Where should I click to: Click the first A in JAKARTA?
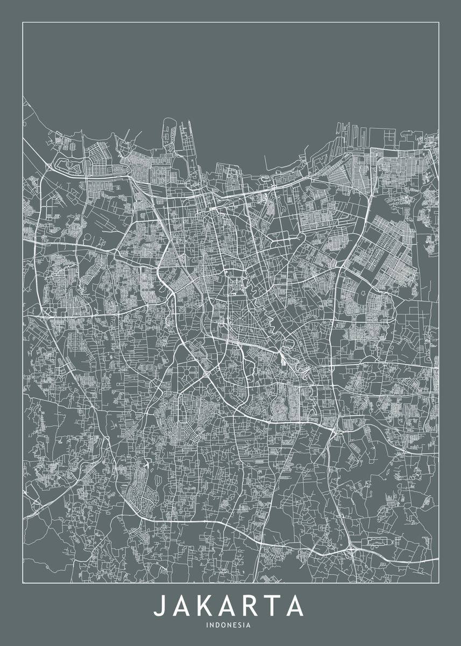pyautogui.click(x=180, y=606)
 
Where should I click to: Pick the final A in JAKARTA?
pyautogui.click(x=294, y=606)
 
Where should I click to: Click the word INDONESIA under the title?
pyautogui.click(x=228, y=626)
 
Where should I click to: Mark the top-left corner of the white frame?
pyautogui.click(x=23, y=22)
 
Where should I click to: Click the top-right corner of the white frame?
pyautogui.click(x=438, y=22)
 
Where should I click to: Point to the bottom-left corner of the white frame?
pyautogui.click(x=23, y=583)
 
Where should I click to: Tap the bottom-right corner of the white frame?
pyautogui.click(x=438, y=583)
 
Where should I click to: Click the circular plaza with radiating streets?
pyautogui.click(x=192, y=371)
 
